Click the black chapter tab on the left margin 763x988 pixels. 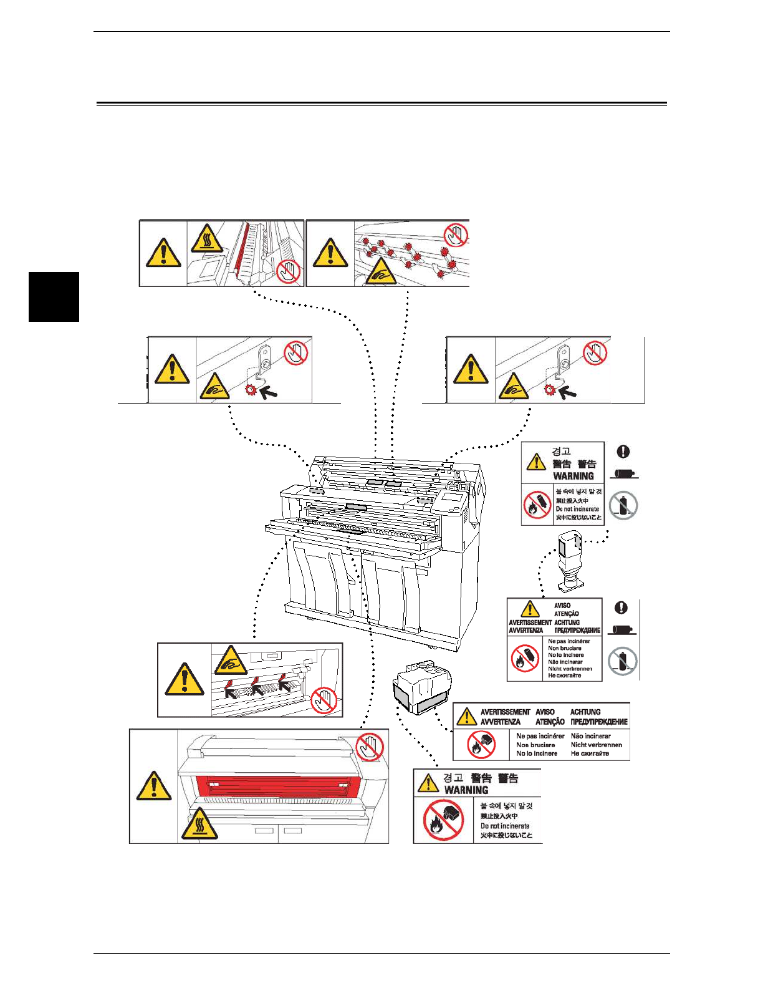[x=54, y=297]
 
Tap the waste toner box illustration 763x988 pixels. [x=422, y=689]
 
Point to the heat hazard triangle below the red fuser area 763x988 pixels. [x=199, y=825]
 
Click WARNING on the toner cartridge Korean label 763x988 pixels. [x=573, y=476]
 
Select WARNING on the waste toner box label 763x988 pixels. [x=466, y=790]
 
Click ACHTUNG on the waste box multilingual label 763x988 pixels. [x=585, y=712]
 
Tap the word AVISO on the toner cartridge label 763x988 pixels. [x=562, y=605]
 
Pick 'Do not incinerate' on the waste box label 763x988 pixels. [x=504, y=826]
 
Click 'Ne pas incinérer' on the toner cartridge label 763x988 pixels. [x=569, y=641]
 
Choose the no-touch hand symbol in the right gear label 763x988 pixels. [x=595, y=353]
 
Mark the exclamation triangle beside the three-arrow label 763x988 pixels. [x=184, y=680]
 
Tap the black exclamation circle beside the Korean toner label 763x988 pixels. [x=623, y=452]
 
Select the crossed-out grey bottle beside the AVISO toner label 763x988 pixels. [x=622, y=661]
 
